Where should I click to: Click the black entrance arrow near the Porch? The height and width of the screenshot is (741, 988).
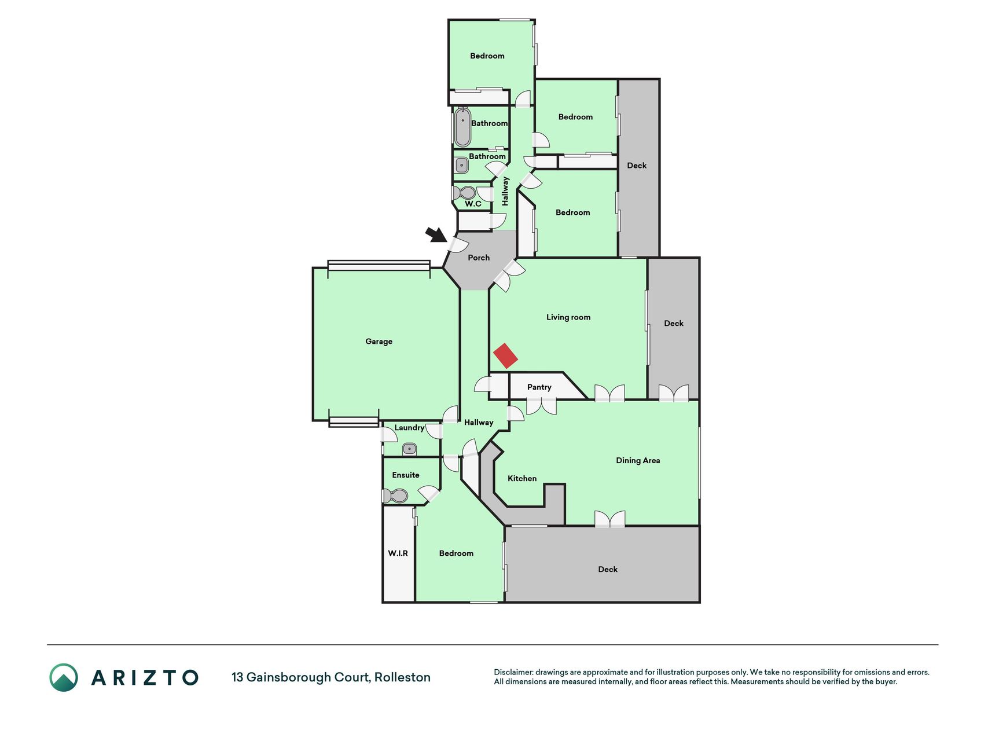[436, 234]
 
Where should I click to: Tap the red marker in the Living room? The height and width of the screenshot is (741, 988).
[505, 356]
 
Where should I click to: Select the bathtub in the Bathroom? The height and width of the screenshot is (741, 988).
[462, 127]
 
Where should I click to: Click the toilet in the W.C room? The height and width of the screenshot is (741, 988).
[465, 193]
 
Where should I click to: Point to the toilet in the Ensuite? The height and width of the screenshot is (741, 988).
[395, 496]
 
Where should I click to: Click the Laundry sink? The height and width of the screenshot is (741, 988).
[410, 449]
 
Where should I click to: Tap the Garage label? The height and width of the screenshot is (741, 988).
[379, 342]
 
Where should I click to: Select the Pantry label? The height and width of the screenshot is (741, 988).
[539, 387]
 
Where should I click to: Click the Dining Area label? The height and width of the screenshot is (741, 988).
[638, 461]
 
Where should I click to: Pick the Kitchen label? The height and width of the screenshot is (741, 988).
[522, 479]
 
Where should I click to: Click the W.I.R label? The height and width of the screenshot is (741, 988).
[398, 553]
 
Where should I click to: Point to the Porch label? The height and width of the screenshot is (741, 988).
[479, 258]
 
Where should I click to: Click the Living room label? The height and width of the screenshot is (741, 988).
[568, 317]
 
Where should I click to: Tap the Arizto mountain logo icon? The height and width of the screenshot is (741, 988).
[64, 677]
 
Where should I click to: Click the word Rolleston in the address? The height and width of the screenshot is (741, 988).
[402, 677]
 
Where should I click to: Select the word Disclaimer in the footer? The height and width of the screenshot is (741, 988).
[513, 672]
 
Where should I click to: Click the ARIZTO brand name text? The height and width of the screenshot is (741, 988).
[145, 678]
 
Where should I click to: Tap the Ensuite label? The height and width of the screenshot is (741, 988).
[406, 475]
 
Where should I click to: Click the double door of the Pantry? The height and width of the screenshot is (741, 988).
[542, 406]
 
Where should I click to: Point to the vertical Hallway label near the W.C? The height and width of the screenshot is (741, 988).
[505, 191]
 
